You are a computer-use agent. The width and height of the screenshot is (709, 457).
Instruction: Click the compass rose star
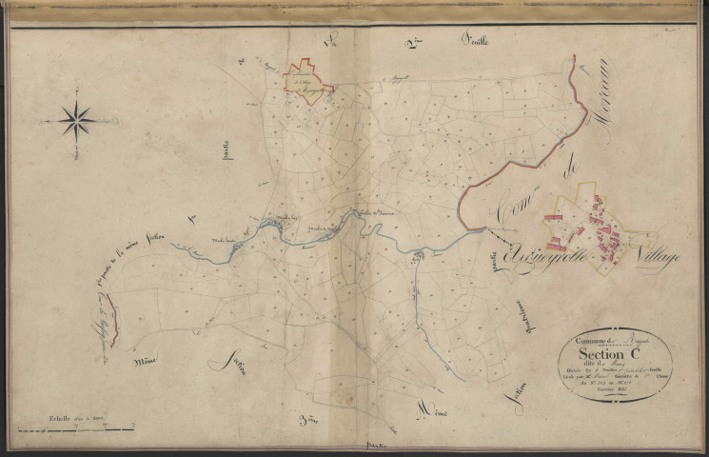[76, 121]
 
